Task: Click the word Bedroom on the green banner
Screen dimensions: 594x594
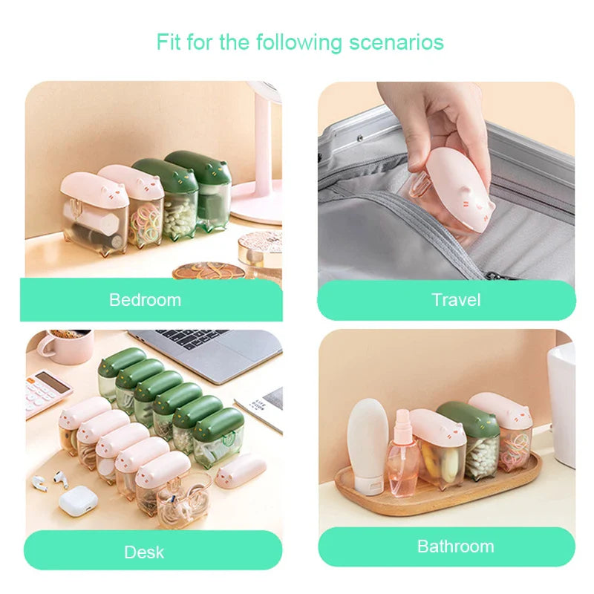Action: pyautogui.click(x=145, y=300)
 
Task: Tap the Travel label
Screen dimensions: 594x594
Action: pyautogui.click(x=456, y=300)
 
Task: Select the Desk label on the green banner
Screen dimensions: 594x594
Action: pyautogui.click(x=144, y=552)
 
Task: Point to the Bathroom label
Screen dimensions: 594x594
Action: pyautogui.click(x=456, y=546)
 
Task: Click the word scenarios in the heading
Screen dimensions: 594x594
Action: pyautogui.click(x=396, y=42)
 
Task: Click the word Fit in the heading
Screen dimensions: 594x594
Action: pyautogui.click(x=169, y=42)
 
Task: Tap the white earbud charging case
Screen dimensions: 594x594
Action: pyautogui.click(x=79, y=500)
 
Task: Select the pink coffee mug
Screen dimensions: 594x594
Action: pyautogui.click(x=66, y=346)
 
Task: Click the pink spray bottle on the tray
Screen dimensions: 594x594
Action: pyautogui.click(x=402, y=454)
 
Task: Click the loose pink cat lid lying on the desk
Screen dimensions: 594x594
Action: pyautogui.click(x=241, y=470)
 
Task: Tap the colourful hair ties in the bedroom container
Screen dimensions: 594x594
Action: pyautogui.click(x=145, y=224)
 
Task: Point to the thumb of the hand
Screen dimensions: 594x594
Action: pyautogui.click(x=416, y=151)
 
